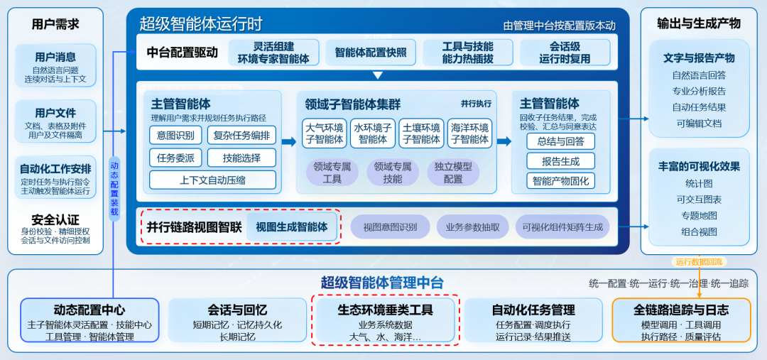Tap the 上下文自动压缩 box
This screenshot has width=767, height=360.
pos(212,180)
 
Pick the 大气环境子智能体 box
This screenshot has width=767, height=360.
pos(325,133)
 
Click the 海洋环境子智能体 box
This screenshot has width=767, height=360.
pos(469,133)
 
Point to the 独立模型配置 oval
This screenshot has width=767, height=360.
pos(453,172)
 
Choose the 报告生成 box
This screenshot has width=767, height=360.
pos(560,161)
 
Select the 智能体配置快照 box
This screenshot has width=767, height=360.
pos(370,53)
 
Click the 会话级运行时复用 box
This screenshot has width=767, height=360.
pos(565,53)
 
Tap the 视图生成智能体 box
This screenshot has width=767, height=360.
pos(292,227)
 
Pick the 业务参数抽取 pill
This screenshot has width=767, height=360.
pos(472,227)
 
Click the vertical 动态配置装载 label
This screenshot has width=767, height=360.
pos(114,188)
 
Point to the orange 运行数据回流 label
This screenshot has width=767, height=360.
pos(699,262)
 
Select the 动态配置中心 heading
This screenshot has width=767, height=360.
pos(89,310)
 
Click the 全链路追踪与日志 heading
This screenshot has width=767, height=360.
pos(681,310)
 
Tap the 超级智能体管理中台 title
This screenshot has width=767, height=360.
pos(382,283)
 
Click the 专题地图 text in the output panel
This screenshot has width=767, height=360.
pos(699,216)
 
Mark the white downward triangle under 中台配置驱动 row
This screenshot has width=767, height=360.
pos(377,76)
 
